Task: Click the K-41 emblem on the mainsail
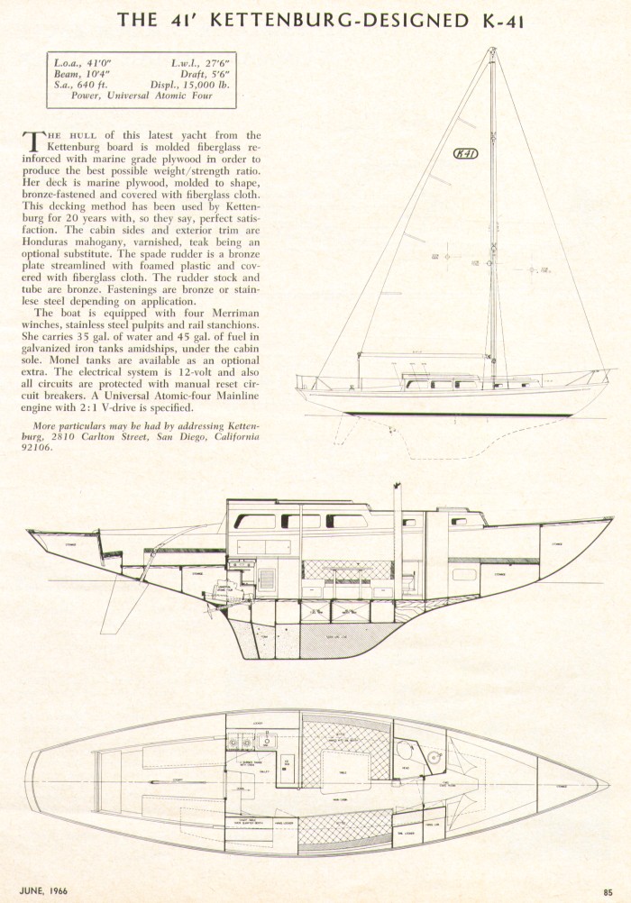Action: [x=466, y=153]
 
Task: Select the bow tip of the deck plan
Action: [x=608, y=783]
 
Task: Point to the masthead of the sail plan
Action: [x=491, y=52]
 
